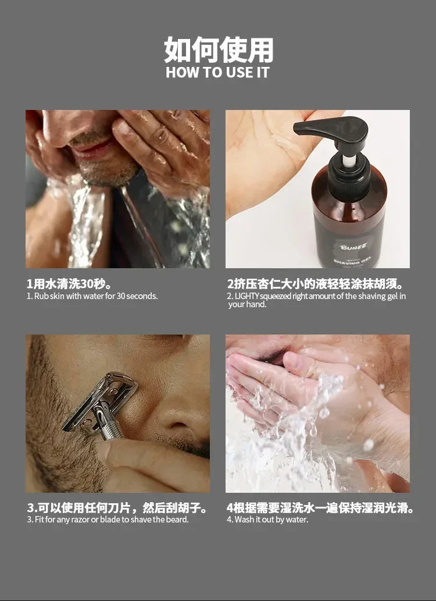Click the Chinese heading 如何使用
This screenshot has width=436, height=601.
[219, 50]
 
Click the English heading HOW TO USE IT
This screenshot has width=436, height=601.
[217, 73]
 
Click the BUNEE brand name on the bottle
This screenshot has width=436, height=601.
[353, 247]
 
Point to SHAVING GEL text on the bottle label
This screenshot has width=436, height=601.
[352, 262]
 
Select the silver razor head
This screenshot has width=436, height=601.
[101, 400]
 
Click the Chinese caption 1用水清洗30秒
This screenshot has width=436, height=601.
[69, 284]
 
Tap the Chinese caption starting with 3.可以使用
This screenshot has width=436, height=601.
[117, 508]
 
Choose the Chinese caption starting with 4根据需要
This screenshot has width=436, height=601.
[320, 508]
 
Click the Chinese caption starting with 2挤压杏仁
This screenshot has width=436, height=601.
[315, 284]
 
